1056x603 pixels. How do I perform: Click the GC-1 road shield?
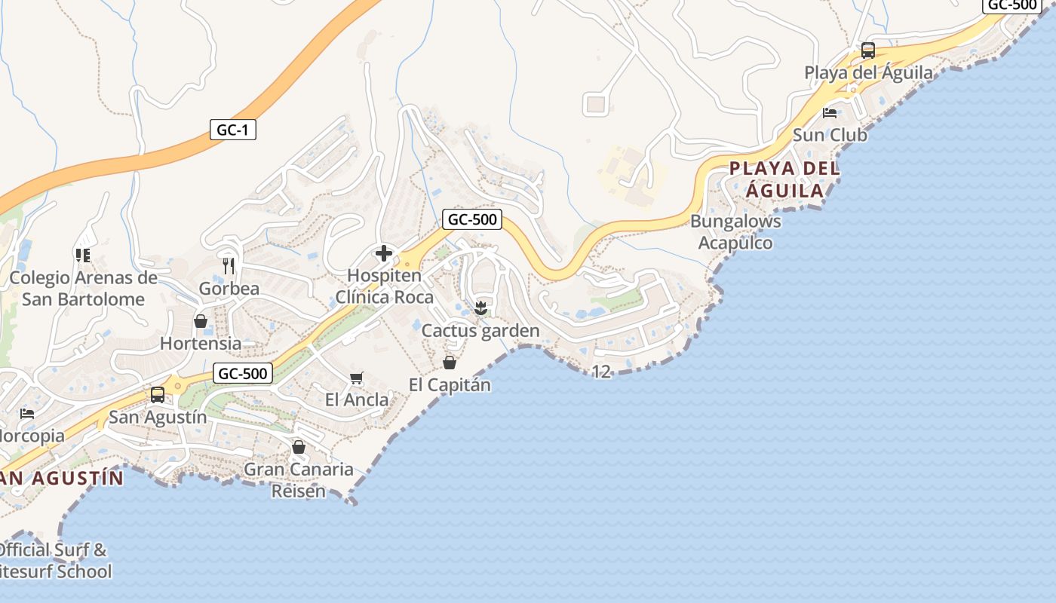232,130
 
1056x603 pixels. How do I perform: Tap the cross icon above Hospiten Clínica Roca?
384,253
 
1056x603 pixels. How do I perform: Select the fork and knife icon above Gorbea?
229,265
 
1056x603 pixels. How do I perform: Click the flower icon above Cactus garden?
480,308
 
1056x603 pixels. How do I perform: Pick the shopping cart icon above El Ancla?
357,378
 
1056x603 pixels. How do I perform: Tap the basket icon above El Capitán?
450,363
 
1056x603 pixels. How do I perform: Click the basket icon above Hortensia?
201,321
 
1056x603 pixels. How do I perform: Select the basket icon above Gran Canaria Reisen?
299,447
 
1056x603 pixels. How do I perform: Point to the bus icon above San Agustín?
158,394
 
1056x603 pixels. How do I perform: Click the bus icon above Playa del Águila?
868,51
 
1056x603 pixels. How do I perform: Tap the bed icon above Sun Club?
830,113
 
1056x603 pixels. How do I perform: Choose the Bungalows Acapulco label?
735,232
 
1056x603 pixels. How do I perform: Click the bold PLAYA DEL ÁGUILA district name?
784,179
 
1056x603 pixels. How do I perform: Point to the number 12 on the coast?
601,372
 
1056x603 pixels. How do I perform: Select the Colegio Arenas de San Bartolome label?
83,289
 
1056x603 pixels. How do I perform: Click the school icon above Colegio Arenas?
83,256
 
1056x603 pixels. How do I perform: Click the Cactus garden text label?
480,331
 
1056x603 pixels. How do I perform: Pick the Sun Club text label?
830,136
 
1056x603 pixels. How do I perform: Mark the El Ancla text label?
357,399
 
